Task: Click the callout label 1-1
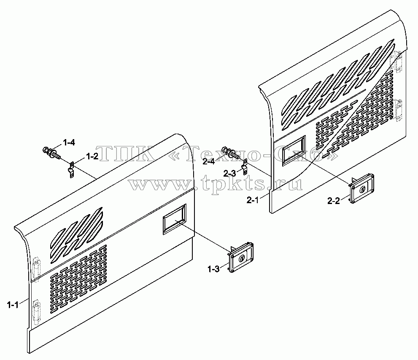(x=13, y=305)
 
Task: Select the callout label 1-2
(x=92, y=157)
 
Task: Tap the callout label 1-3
(x=213, y=269)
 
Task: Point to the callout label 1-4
(x=69, y=143)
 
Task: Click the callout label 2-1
(x=253, y=200)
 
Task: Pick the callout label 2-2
(x=334, y=201)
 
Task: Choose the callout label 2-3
(x=230, y=174)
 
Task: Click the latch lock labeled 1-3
(x=240, y=258)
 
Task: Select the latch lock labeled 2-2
(x=361, y=189)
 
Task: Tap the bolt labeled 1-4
(x=51, y=153)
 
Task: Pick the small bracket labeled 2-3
(x=245, y=167)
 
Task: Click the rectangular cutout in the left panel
(x=175, y=219)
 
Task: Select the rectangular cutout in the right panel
(x=294, y=150)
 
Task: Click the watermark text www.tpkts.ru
(x=216, y=183)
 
